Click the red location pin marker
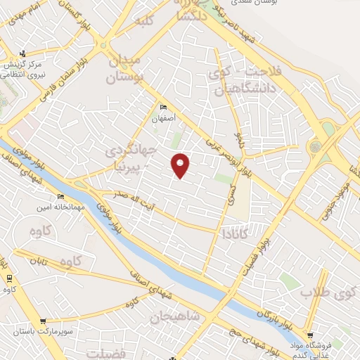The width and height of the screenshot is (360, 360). tap(181, 165)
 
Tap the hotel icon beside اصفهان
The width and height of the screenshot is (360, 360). tap(164, 108)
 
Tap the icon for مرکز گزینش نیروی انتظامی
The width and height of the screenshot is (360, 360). tap(23, 53)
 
